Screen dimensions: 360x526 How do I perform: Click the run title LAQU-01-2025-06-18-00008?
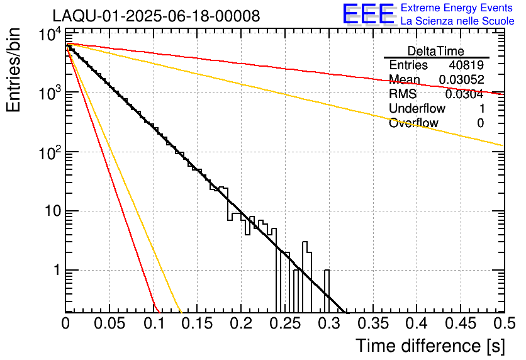point(156,16)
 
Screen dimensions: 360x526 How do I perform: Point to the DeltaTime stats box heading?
point(436,51)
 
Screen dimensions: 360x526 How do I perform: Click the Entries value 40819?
point(466,65)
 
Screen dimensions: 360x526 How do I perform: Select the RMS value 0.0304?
point(464,94)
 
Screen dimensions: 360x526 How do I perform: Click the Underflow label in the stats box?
point(415,109)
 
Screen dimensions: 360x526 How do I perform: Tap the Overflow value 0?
point(480,123)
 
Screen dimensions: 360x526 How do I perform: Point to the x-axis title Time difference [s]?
point(430,346)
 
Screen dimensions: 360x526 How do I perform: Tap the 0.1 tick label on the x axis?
point(154,323)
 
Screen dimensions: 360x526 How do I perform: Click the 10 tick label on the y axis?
point(52,211)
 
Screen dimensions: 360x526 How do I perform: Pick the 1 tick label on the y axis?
point(55,270)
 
